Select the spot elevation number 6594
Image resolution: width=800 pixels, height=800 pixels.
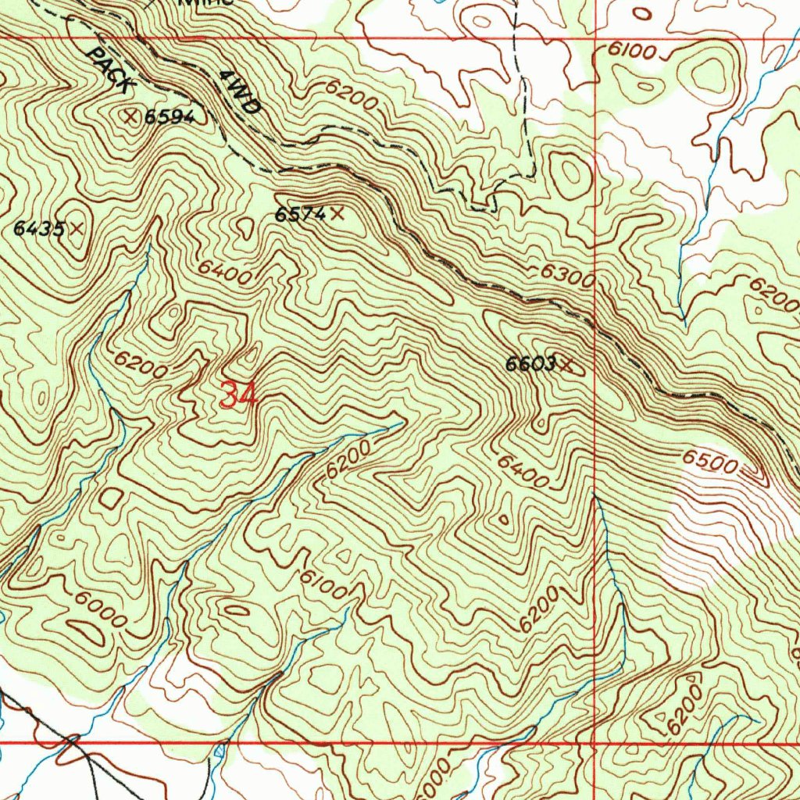pyautogui.click(x=169, y=117)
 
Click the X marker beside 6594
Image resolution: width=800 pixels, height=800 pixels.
pyautogui.click(x=131, y=116)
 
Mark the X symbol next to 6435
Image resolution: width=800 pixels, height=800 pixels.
pyautogui.click(x=77, y=228)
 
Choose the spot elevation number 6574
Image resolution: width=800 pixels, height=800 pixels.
pyautogui.click(x=299, y=214)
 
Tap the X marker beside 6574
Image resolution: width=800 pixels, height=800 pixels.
pyautogui.click(x=337, y=212)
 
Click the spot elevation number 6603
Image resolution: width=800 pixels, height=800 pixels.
pyautogui.click(x=530, y=364)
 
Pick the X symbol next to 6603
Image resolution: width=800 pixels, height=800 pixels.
pyautogui.click(x=567, y=363)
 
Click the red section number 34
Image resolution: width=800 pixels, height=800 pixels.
pyautogui.click(x=238, y=395)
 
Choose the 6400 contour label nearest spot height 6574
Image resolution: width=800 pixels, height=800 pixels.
pyautogui.click(x=224, y=272)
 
